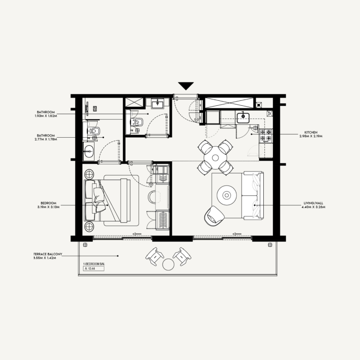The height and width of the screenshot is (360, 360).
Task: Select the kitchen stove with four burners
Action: click(265, 135)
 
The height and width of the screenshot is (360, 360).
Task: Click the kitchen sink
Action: click(243, 117)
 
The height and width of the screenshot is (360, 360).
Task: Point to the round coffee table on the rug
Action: click(226, 195)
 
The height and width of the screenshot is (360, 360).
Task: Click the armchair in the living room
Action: click(213, 216)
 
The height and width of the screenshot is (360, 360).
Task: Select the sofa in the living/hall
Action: click(252, 195)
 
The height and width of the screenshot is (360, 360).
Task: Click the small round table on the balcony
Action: click(168, 264)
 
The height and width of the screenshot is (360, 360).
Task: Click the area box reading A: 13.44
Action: click(93, 269)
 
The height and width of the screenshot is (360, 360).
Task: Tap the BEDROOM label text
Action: click(46, 204)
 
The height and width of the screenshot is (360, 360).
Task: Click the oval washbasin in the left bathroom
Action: click(89, 151)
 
